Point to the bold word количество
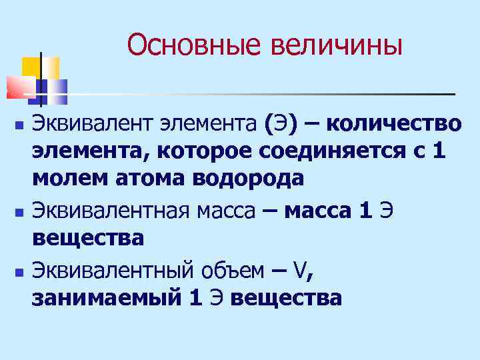[394, 124]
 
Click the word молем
[65, 179]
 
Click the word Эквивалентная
[110, 211]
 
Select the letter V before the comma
[301, 271]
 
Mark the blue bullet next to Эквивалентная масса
[19, 212]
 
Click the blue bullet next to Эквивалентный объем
[19, 271]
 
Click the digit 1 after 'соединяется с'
[437, 151]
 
